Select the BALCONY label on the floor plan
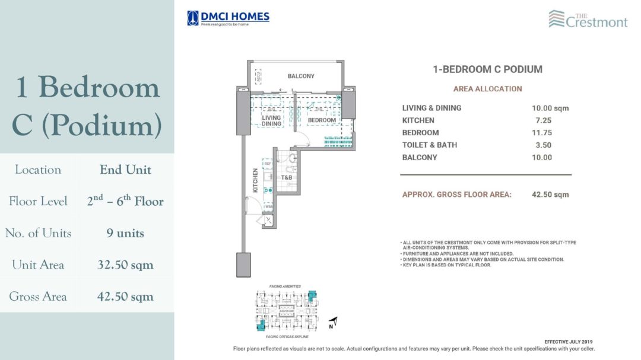301,76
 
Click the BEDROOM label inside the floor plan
322,120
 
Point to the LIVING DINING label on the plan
271,121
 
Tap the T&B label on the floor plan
286,177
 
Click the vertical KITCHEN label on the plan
255,180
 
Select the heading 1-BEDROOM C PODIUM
487,69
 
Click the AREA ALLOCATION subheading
487,89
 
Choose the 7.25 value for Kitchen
541,120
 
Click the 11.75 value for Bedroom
542,133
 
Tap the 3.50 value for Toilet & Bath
541,145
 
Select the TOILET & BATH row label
429,145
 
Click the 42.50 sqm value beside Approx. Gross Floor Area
550,195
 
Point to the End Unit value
125,170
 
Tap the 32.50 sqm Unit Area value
125,265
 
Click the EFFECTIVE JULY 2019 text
568,342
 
